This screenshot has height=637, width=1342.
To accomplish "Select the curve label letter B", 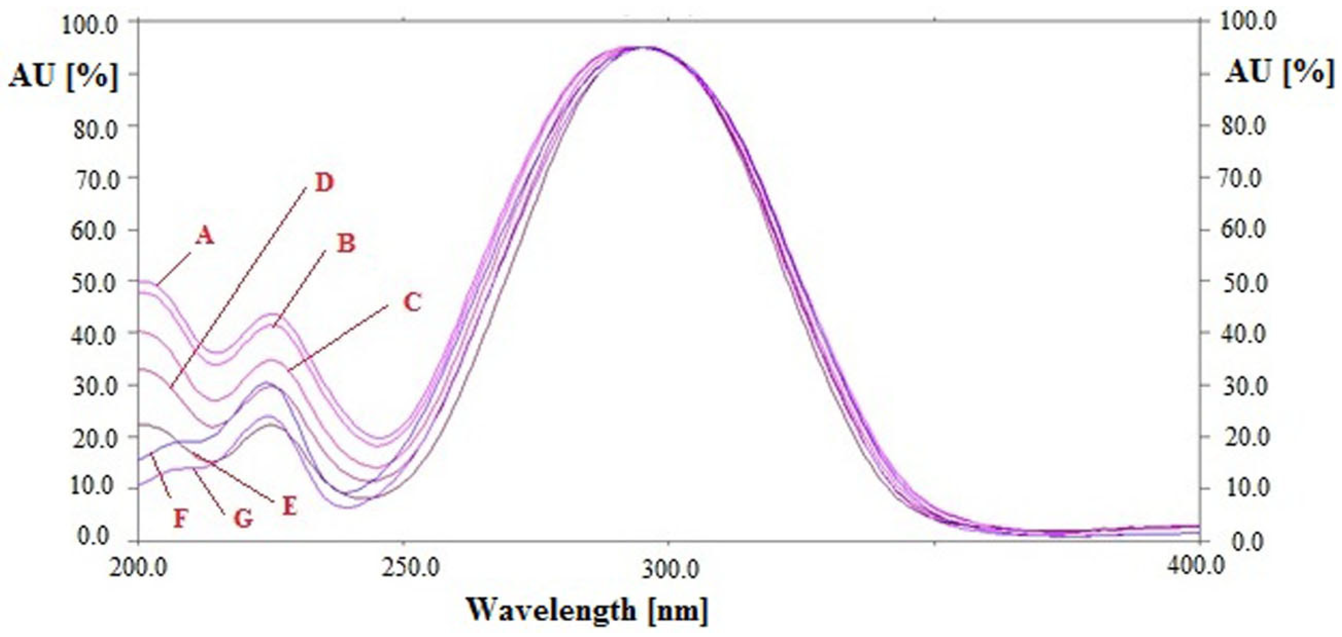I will click(x=345, y=243).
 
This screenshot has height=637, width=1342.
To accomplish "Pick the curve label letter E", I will click(x=290, y=506).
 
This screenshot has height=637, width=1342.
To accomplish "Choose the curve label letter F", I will click(x=180, y=519).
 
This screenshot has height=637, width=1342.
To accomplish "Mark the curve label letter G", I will click(x=242, y=519).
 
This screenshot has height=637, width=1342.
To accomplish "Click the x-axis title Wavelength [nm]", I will click(x=587, y=609).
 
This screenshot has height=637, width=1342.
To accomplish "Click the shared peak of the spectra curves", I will click(x=642, y=48).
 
